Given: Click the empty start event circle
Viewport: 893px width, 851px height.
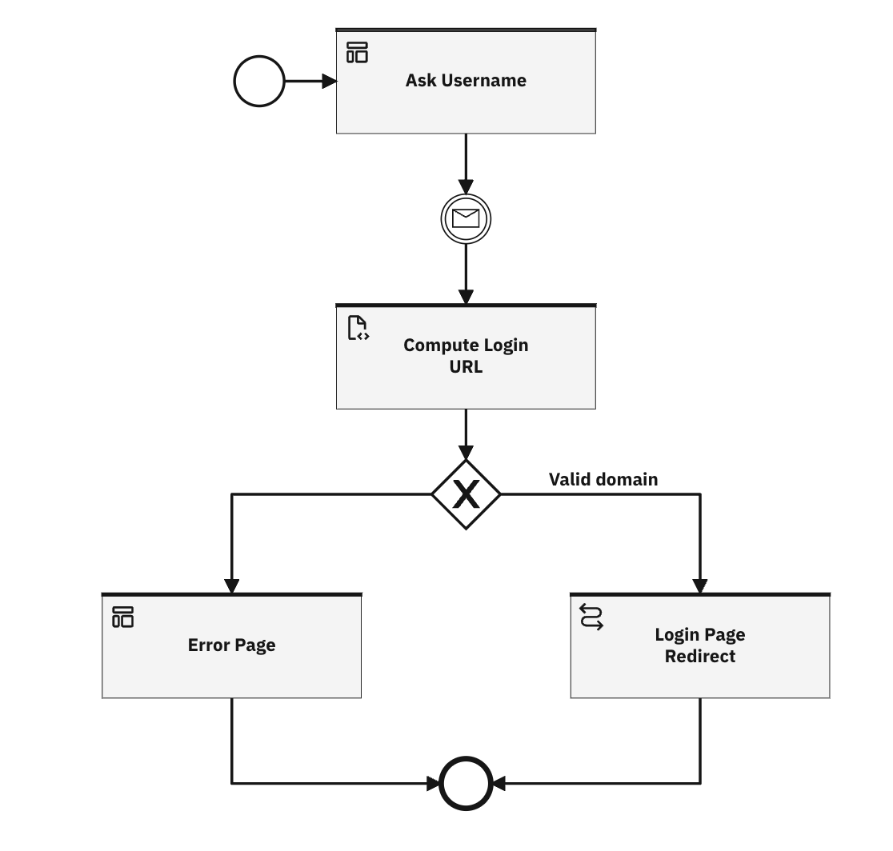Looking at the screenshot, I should point(258,81).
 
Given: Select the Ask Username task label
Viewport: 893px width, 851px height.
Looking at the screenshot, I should point(466,80).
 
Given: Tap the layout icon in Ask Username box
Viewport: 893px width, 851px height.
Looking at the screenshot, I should point(357,53).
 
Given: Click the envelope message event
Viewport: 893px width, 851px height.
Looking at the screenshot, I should point(466,218).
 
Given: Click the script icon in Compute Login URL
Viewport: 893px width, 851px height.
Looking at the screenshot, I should point(357,328).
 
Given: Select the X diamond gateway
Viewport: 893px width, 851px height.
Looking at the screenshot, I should point(466,494).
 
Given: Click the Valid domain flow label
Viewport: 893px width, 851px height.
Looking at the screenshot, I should point(603,479).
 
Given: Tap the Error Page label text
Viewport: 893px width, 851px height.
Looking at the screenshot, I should point(231,645).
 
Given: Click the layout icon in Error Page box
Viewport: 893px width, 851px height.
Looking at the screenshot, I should point(123,617).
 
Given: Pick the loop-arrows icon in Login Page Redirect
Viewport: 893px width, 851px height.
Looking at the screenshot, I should point(591,617).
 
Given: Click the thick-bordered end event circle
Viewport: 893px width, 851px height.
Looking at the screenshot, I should point(466,783).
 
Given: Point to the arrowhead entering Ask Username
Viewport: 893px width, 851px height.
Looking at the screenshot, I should point(329,81).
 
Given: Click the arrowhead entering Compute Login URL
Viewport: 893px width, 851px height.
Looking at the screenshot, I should point(466,297).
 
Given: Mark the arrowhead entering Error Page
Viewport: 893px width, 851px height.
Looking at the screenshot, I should point(231,585).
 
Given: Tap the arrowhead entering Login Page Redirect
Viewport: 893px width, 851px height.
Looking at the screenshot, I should point(700,585).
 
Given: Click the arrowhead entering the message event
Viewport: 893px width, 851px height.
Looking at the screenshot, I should point(466,187).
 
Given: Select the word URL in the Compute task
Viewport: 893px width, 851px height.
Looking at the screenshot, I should point(466,368).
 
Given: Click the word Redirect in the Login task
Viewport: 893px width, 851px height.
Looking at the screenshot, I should point(700,657).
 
